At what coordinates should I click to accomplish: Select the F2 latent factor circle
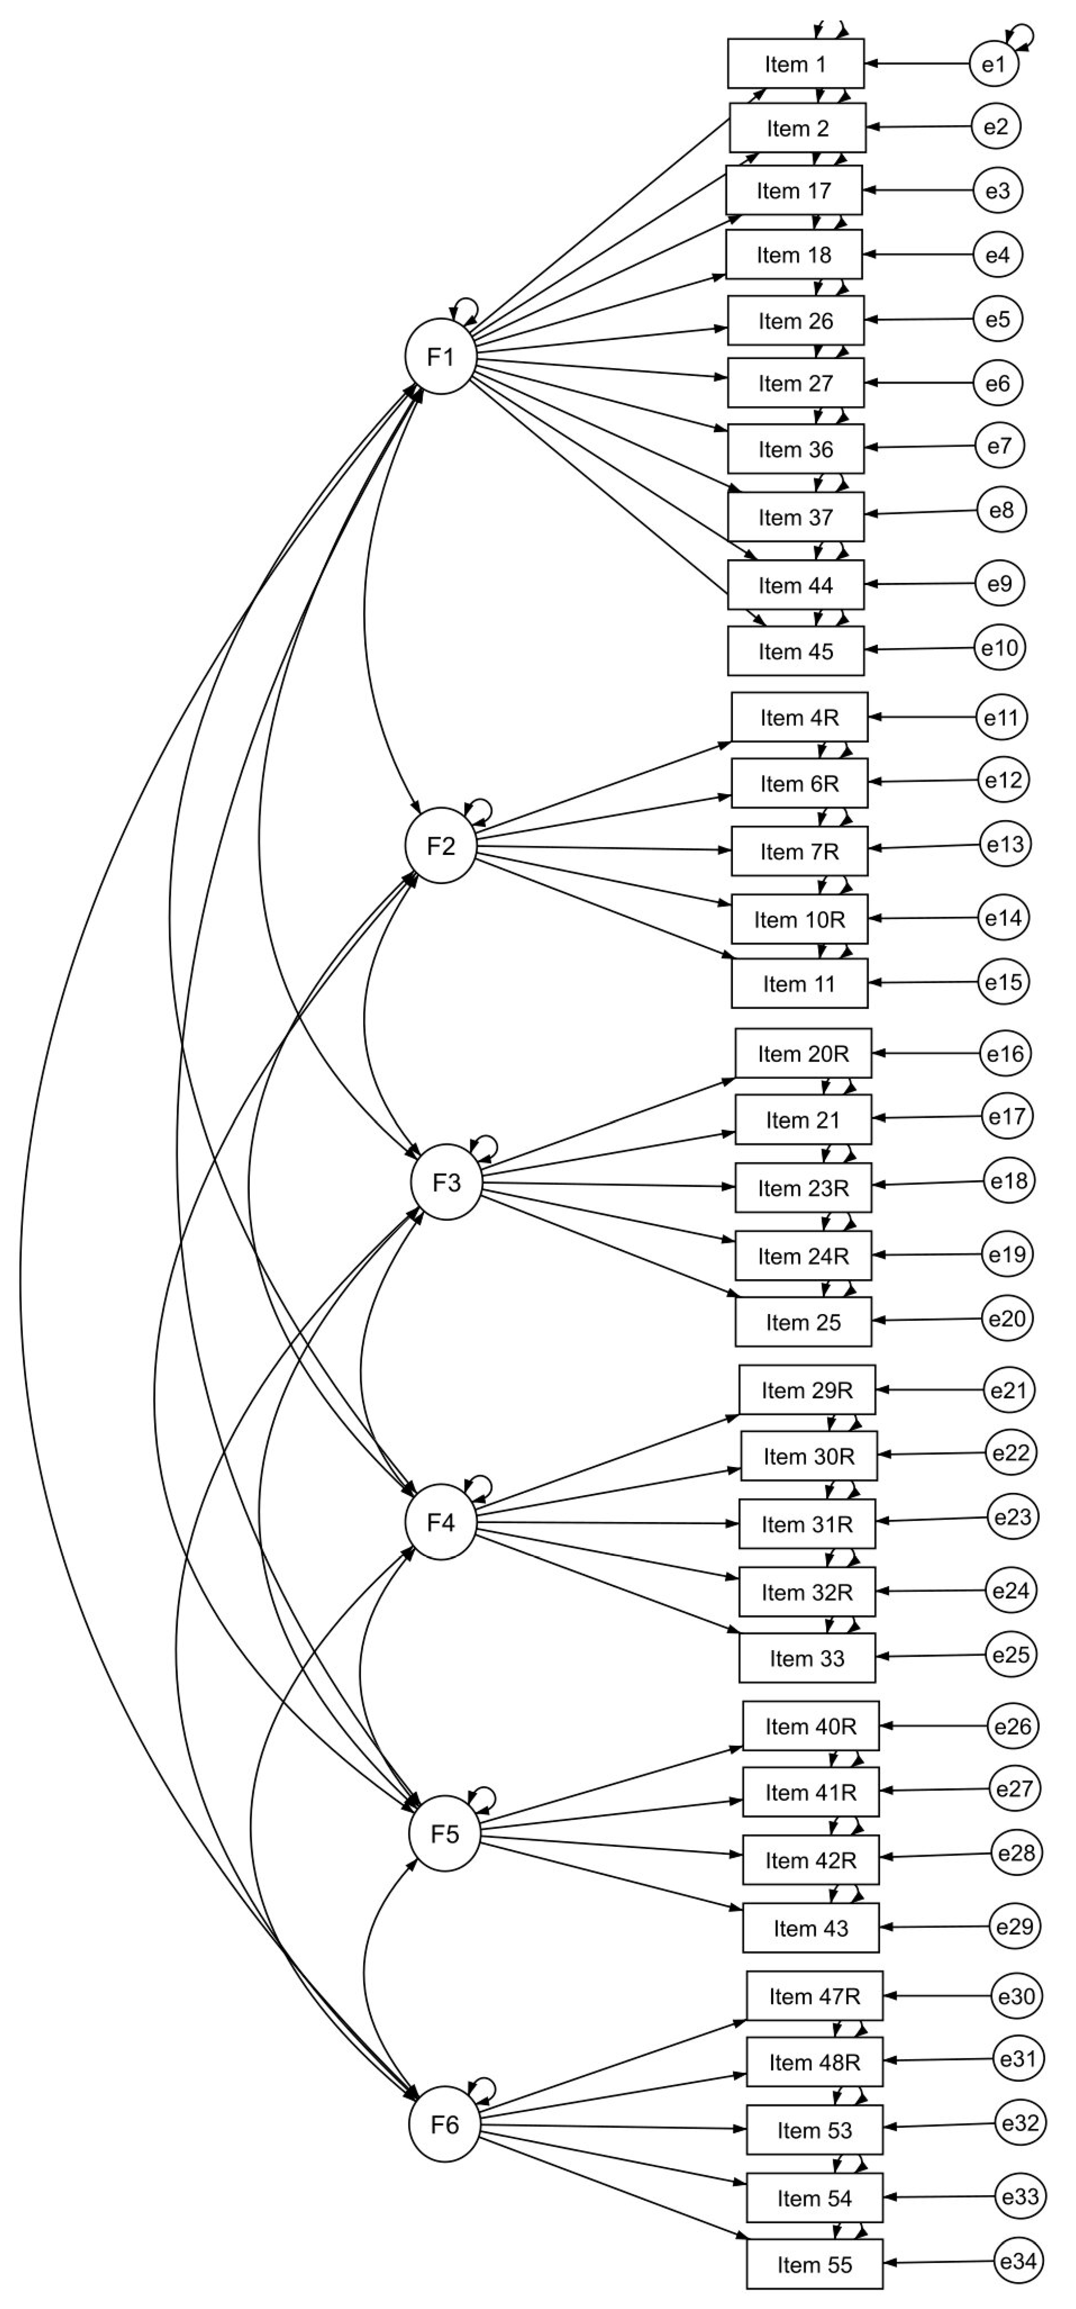[x=440, y=846]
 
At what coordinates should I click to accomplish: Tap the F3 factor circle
[x=446, y=1183]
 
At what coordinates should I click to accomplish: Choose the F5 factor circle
[x=444, y=1834]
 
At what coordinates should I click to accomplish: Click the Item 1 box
[x=795, y=64]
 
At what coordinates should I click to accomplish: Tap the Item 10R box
[x=799, y=919]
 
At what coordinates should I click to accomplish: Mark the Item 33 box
[x=806, y=1658]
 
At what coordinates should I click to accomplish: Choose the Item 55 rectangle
[x=814, y=2265]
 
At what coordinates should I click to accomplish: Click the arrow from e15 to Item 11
[x=923, y=982]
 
